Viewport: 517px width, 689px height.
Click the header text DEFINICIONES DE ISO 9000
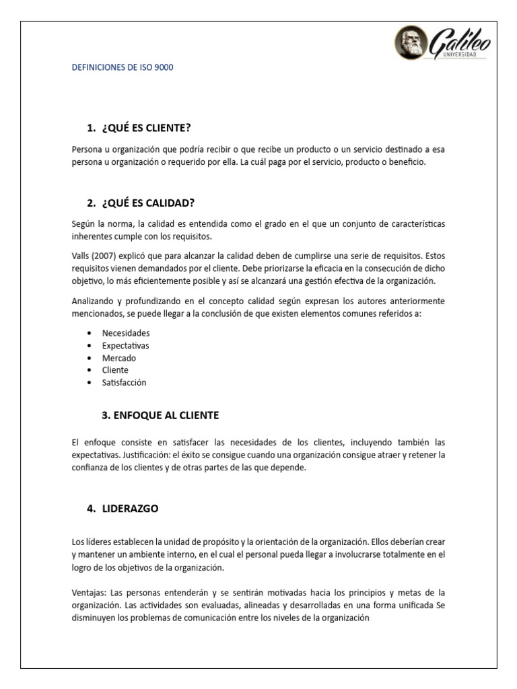(123, 68)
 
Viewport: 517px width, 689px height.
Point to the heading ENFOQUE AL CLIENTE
(167, 415)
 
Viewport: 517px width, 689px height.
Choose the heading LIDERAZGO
(131, 509)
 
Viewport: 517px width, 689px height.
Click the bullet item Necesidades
(126, 333)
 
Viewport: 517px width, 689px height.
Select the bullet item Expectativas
(126, 345)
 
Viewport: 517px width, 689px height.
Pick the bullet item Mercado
(118, 358)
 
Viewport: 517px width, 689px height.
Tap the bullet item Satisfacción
(124, 382)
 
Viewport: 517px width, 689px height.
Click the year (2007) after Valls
(102, 256)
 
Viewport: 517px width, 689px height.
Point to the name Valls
(80, 256)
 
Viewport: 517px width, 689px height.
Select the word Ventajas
(89, 592)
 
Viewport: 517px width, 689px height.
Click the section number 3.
(106, 415)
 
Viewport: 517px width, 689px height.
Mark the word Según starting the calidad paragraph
(83, 223)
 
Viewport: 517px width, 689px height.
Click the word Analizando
(94, 301)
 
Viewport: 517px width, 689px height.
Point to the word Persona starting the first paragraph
(87, 149)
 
